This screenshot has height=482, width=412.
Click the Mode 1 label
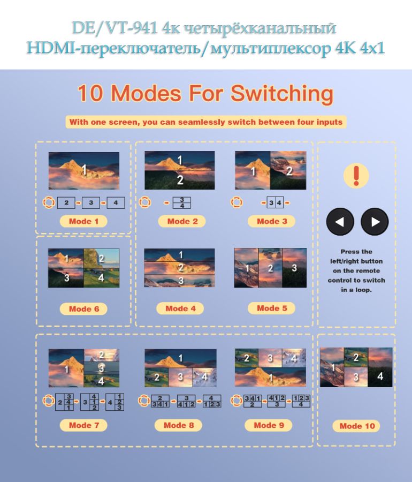pyautogui.click(x=83, y=221)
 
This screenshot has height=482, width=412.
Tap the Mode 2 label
pyautogui.click(x=182, y=221)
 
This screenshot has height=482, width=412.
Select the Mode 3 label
pyautogui.click(x=271, y=221)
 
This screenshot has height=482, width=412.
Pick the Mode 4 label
pyautogui.click(x=180, y=308)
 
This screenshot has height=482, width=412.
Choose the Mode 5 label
pyautogui.click(x=271, y=308)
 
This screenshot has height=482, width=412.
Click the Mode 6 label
pyautogui.click(x=83, y=309)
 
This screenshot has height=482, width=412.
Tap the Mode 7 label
pyautogui.click(x=83, y=425)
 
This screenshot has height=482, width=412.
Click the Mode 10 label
pyautogui.click(x=357, y=426)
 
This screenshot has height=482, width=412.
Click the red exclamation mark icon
pyautogui.click(x=356, y=176)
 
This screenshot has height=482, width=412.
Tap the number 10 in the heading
pyautogui.click(x=90, y=94)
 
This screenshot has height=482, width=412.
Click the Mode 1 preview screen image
pyautogui.click(x=84, y=170)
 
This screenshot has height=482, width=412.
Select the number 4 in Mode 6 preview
pyautogui.click(x=101, y=277)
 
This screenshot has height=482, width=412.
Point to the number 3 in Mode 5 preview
pyautogui.click(x=294, y=268)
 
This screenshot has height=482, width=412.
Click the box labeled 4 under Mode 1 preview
pyautogui.click(x=116, y=203)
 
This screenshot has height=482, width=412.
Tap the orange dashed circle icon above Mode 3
pyautogui.click(x=236, y=203)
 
